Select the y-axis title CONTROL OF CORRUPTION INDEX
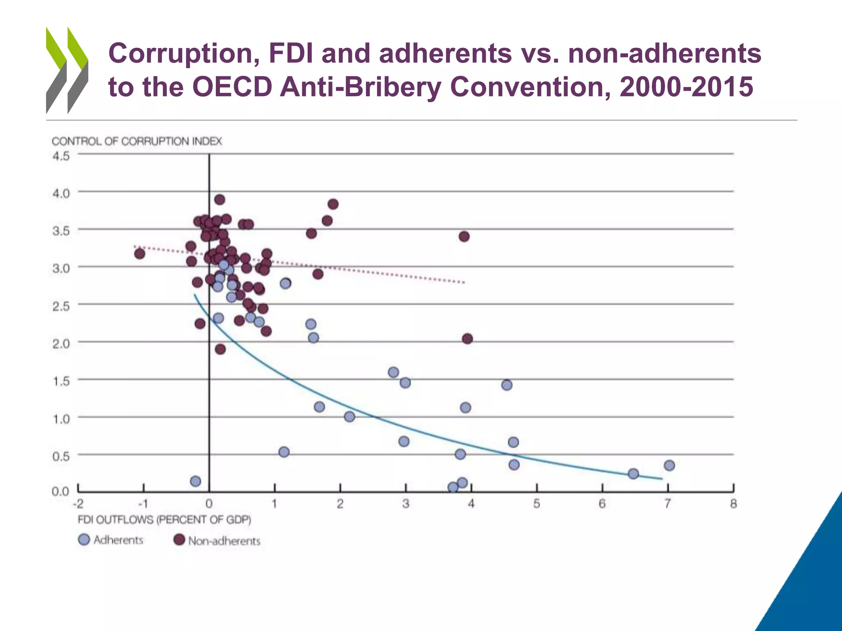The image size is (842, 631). click(x=136, y=141)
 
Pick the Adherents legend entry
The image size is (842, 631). click(x=111, y=540)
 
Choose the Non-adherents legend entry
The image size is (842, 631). click(x=217, y=540)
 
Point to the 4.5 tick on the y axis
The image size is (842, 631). click(x=61, y=156)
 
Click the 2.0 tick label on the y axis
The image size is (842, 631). click(x=61, y=343)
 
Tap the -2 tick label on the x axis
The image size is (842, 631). click(x=78, y=504)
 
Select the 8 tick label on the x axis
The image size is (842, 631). click(x=733, y=504)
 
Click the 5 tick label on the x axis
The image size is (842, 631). click(x=537, y=504)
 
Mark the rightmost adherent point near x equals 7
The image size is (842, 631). click(x=669, y=465)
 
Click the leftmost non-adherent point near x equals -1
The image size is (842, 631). click(x=139, y=254)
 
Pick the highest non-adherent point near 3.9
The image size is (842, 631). click(x=220, y=200)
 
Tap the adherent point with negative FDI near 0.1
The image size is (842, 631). click(x=196, y=481)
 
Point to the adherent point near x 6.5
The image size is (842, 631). click(x=634, y=474)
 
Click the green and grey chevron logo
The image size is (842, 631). click(x=67, y=70)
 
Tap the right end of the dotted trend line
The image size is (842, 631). click(x=464, y=282)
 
